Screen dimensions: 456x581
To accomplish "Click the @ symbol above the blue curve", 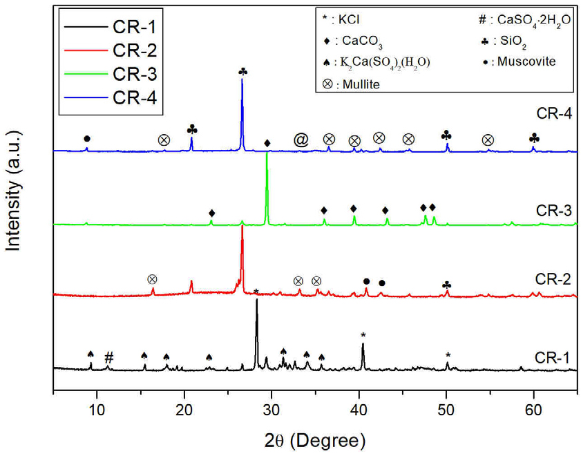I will pyautogui.click(x=301, y=140).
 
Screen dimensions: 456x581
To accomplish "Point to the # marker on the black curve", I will pyautogui.click(x=108, y=357).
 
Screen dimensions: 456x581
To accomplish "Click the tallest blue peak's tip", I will pyautogui.click(x=242, y=80).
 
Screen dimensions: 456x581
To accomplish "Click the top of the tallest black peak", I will pyautogui.click(x=257, y=299).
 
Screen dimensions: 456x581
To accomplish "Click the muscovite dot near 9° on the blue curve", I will pyautogui.click(x=86, y=139).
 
